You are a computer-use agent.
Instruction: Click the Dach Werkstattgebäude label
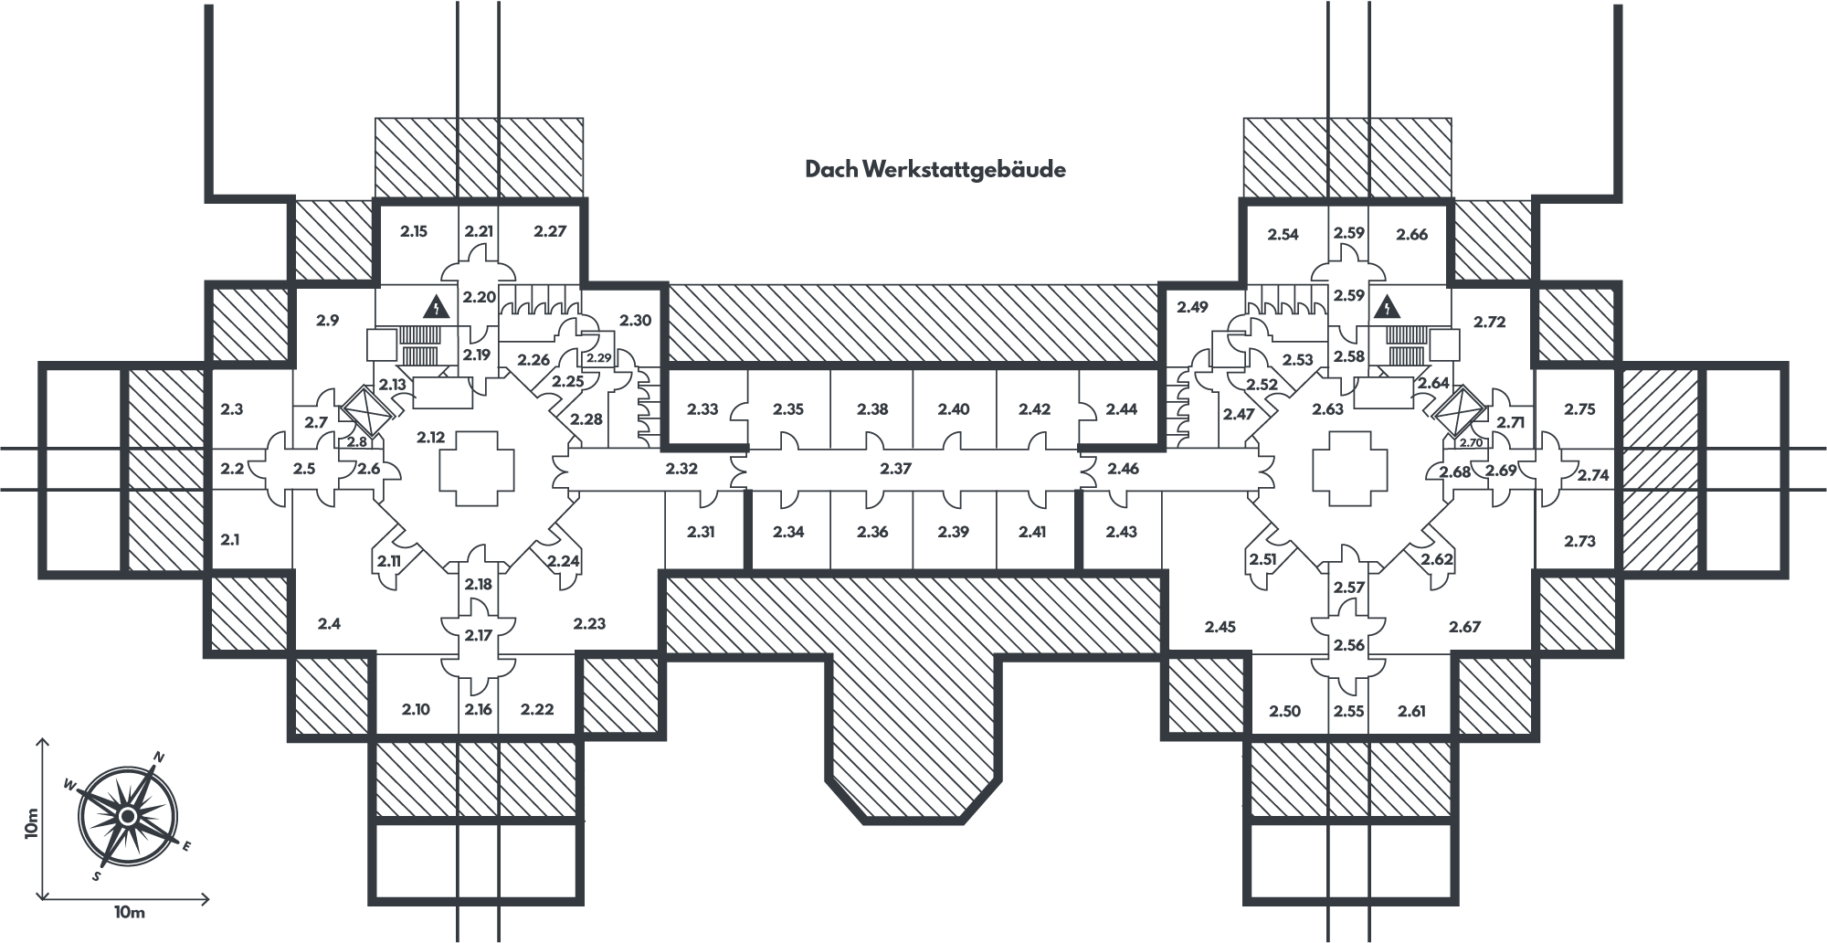(x=935, y=170)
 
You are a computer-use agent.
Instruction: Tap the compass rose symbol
(x=128, y=815)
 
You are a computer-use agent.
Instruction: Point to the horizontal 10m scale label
(x=129, y=913)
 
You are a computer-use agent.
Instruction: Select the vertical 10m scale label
(x=33, y=821)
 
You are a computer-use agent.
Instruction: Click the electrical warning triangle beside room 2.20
(x=437, y=306)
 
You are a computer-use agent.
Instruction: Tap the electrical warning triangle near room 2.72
(x=1388, y=307)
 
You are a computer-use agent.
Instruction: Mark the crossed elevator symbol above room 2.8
(x=365, y=412)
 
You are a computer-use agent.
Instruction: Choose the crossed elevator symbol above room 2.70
(x=1460, y=413)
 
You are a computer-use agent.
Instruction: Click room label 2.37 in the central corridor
(x=895, y=469)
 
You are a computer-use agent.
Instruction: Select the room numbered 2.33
(x=702, y=409)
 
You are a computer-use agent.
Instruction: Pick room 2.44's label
(x=1121, y=409)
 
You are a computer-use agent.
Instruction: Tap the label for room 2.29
(x=599, y=358)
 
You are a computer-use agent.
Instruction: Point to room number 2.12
(x=430, y=438)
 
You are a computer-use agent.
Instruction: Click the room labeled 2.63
(x=1327, y=409)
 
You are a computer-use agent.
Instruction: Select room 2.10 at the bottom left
(x=416, y=709)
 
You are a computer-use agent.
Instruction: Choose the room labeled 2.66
(x=1411, y=235)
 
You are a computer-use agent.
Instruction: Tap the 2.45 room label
(x=1220, y=627)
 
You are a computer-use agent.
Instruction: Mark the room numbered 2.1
(x=229, y=540)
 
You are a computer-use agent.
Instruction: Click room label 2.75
(x=1579, y=409)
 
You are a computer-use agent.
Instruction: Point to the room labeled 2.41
(x=1032, y=532)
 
